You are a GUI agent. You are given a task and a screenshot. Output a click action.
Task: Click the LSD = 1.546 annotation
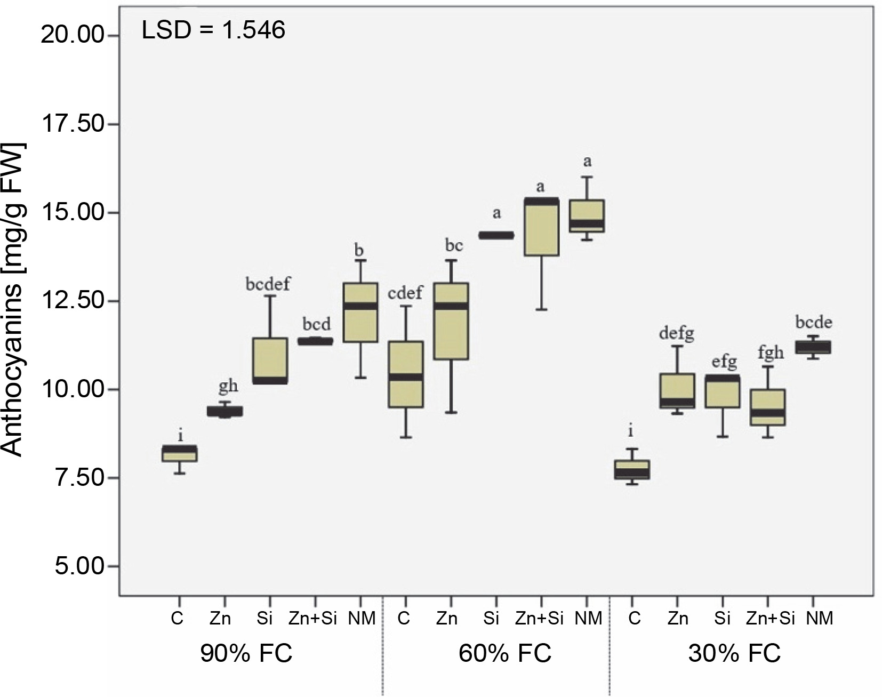[x=213, y=30]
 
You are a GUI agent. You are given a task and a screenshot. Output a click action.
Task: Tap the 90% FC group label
[x=246, y=653]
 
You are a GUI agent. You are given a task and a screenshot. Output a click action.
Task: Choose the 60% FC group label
[x=505, y=653]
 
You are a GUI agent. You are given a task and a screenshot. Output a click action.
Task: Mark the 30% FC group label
[x=734, y=653]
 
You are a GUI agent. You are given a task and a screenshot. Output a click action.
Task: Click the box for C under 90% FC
[x=180, y=453]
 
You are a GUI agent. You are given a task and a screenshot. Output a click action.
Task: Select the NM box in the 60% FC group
[x=587, y=216]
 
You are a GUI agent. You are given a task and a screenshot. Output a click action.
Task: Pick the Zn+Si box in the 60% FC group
[x=541, y=227]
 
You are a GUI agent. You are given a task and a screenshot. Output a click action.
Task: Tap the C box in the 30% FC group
[x=632, y=469]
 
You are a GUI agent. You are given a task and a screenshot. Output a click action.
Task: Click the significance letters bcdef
[x=268, y=284]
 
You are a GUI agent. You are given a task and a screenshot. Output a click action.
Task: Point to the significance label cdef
[x=405, y=293]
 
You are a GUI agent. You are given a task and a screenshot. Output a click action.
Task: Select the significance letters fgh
[x=771, y=353]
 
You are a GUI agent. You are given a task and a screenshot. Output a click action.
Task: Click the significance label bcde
[x=814, y=323]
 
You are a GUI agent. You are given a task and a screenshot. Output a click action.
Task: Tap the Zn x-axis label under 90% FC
[x=220, y=619]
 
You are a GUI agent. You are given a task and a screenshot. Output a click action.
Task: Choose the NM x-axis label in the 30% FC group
[x=820, y=619]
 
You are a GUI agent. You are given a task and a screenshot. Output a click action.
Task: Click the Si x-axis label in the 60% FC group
[x=491, y=619]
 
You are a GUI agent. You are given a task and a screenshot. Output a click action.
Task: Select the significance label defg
[x=677, y=334]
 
